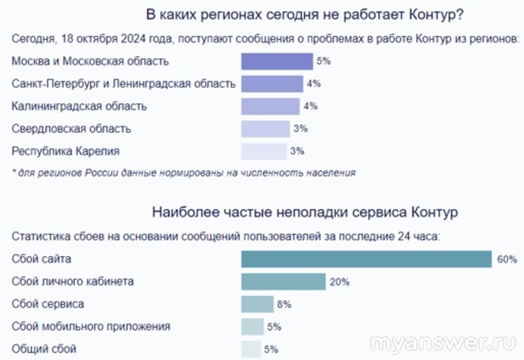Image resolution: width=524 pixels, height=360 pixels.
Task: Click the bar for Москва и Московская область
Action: point(277,61)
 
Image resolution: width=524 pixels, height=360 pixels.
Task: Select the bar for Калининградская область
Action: point(270,106)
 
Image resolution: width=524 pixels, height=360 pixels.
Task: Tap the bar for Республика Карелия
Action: point(264,151)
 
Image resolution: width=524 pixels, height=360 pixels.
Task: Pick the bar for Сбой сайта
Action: point(366,259)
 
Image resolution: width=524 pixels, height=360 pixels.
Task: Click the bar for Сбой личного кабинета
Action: point(283,282)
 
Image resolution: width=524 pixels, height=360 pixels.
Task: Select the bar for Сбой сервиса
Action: point(257,304)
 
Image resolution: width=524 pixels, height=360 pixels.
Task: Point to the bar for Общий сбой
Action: point(251,349)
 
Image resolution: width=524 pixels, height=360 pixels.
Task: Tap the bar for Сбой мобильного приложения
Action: point(253,326)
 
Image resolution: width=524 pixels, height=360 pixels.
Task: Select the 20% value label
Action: point(340,282)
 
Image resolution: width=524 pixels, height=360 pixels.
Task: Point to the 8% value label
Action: point(284,304)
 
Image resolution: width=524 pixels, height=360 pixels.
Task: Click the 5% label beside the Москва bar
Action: point(323,61)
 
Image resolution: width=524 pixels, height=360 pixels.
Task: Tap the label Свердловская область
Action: point(71,129)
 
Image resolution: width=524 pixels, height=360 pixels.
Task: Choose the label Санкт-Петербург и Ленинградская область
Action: point(124,84)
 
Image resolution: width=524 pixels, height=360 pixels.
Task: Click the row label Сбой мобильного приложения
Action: point(91,326)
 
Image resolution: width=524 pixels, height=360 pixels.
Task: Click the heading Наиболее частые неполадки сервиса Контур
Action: point(305,213)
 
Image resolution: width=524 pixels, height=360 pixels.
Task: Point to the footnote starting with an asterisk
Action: point(183,173)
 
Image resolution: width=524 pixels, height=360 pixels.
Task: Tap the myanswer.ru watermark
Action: point(443,343)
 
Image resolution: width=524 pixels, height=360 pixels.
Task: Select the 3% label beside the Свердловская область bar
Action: point(300,129)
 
